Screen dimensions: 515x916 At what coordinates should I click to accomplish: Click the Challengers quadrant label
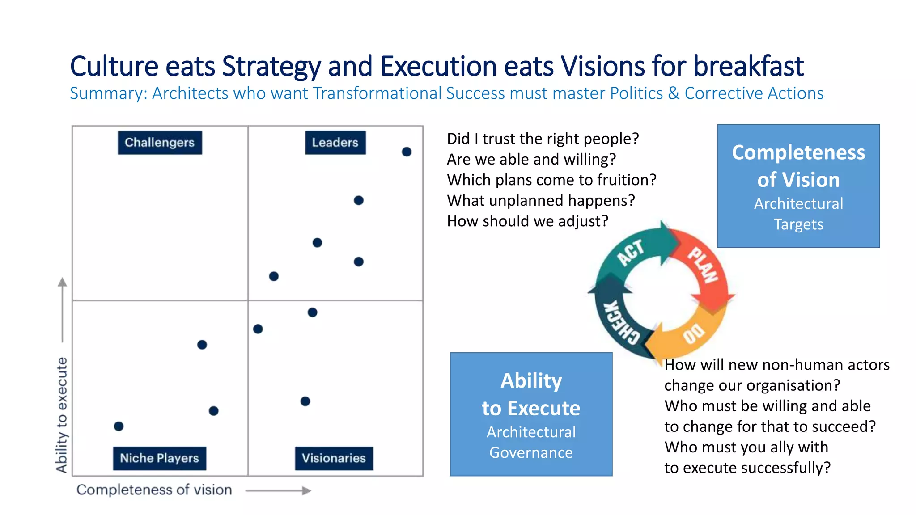pos(160,143)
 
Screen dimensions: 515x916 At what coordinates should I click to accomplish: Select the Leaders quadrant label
pos(335,143)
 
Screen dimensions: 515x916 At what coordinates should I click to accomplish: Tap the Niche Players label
pos(159,458)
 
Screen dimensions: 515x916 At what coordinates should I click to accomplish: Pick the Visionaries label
pos(334,458)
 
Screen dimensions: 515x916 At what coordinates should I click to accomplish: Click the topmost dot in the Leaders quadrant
pos(407,152)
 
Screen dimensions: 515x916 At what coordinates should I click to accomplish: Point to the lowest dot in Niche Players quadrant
pos(119,426)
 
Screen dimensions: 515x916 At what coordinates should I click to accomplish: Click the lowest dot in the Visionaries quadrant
pos(305,401)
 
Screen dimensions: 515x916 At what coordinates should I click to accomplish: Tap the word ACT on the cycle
pos(631,253)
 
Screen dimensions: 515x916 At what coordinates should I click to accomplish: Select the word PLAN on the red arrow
pos(703,265)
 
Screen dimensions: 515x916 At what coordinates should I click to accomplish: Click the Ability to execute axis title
pos(62,414)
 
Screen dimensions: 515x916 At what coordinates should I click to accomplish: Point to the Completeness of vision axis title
pos(154,490)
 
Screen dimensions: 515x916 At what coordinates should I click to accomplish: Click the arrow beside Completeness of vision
pos(278,491)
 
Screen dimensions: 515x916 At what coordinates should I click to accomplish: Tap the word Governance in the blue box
pos(531,453)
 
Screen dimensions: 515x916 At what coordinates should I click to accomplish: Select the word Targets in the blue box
pos(798,224)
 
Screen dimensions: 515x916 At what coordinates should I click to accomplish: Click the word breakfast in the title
pos(748,66)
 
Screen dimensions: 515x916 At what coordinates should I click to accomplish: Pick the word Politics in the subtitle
pos(636,93)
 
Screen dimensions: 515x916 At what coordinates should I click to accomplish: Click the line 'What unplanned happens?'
pos(541,201)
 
